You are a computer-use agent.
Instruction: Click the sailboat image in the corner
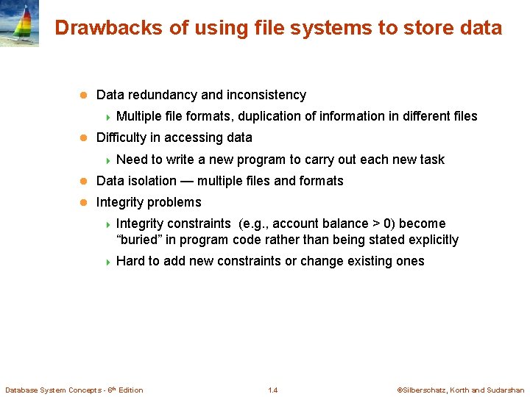coord(19,24)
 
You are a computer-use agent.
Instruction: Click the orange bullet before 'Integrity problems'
coord(84,202)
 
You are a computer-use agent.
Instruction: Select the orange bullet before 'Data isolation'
coord(84,181)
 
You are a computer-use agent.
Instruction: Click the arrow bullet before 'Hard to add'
coord(107,261)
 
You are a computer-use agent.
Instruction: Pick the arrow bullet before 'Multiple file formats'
coord(107,116)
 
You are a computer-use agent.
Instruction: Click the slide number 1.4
coord(273,390)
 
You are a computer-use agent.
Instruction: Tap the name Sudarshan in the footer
coord(506,390)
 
